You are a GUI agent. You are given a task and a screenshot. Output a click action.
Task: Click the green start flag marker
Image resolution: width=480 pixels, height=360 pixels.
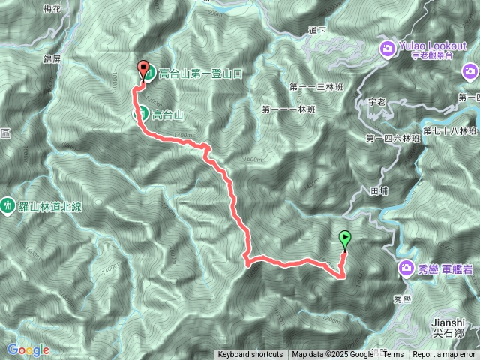click(345, 239)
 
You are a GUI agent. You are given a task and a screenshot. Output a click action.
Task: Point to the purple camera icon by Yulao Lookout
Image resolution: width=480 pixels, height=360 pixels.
click(388, 49)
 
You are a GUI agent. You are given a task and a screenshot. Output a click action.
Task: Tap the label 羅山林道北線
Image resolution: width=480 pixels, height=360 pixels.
click(50, 203)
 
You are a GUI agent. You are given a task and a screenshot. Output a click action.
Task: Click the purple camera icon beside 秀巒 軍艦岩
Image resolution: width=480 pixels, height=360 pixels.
click(406, 267)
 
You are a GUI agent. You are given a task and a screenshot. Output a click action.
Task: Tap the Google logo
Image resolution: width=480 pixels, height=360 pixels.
click(28, 349)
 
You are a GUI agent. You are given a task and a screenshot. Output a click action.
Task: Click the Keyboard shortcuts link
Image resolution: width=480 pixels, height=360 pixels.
click(250, 355)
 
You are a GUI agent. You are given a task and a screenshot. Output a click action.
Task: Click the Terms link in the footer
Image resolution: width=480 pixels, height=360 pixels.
click(394, 355)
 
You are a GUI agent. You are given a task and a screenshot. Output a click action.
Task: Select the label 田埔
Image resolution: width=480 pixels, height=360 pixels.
click(379, 191)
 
